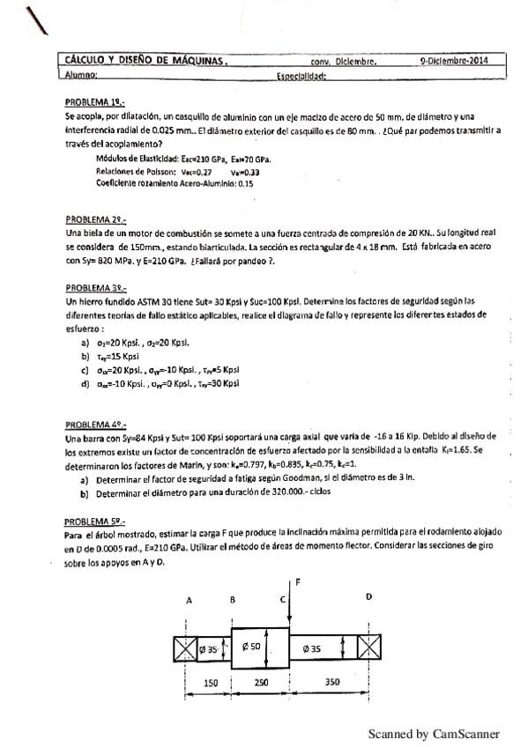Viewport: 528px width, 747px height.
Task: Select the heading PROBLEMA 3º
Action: [x=95, y=287]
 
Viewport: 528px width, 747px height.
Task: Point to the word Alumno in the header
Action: [x=81, y=76]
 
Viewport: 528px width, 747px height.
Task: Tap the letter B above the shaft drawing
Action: [x=232, y=599]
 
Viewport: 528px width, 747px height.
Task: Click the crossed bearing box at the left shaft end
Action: [x=186, y=649]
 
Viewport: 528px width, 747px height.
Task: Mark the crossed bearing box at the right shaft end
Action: [x=369, y=649]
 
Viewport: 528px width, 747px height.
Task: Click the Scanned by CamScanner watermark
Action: [x=433, y=733]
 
